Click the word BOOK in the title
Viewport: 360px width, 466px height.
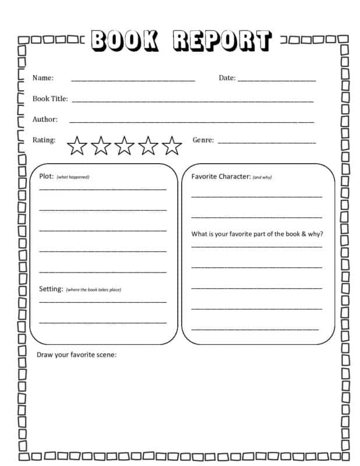pos(125,41)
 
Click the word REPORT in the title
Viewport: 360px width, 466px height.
pos(222,41)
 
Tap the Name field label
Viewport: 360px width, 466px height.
pos(43,78)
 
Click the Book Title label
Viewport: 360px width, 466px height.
pos(50,99)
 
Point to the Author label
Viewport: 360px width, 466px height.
pos(45,119)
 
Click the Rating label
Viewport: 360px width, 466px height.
pos(44,140)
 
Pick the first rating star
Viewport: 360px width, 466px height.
pos(77,146)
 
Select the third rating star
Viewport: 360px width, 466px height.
pos(125,146)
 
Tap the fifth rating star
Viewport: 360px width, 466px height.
pos(172,146)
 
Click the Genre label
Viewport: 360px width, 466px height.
pos(203,140)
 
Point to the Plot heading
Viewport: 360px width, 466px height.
pos(46,176)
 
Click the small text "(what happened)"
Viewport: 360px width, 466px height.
pos(73,177)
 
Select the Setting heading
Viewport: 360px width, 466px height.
pos(51,289)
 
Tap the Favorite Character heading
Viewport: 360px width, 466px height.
pos(221,176)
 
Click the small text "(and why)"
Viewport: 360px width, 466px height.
pos(262,177)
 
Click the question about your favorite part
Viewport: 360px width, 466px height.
pos(257,234)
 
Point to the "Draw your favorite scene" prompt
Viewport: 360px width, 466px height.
pos(76,355)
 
